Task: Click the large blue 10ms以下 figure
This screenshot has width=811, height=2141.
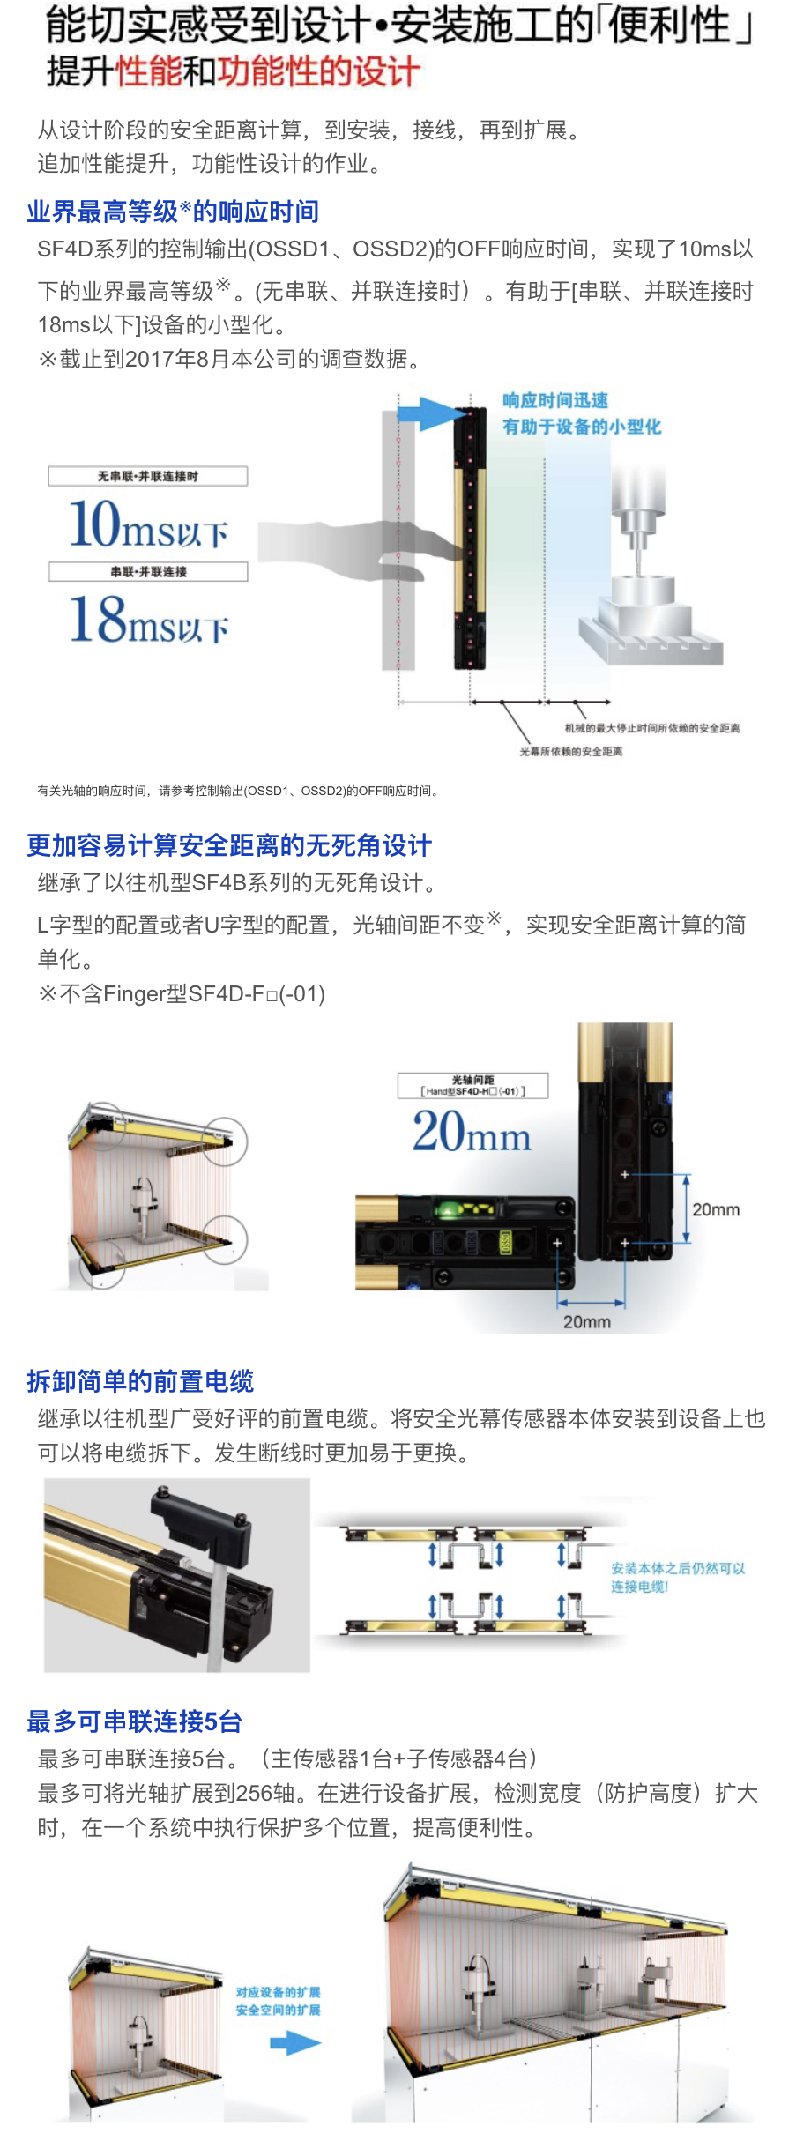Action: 148,524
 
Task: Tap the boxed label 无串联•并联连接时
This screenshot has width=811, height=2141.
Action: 148,476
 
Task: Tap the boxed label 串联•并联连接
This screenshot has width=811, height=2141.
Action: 148,571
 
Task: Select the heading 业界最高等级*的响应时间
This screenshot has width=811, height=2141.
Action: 173,212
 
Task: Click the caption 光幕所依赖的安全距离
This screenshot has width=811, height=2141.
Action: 570,752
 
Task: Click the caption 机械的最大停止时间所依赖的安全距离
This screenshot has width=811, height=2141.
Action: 652,728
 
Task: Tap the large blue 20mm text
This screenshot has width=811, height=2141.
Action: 472,1131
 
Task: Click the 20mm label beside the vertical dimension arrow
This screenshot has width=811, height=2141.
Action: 716,1209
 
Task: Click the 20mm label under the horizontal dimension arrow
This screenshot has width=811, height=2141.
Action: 587,1322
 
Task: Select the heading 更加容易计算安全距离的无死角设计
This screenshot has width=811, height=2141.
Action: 229,845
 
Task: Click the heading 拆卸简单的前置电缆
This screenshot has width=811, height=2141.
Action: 140,1380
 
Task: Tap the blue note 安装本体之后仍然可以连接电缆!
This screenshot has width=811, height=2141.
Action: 678,1578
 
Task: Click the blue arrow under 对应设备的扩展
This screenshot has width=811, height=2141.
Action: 295,2043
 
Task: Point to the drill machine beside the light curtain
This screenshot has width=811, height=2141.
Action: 651,573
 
